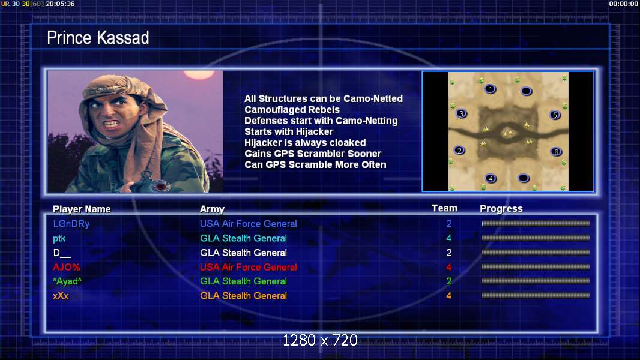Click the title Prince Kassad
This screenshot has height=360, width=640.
[98, 38]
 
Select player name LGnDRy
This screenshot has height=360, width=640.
[71, 224]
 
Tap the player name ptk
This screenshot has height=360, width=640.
[59, 239]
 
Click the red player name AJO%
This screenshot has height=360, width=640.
[67, 267]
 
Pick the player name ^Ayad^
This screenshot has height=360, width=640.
[67, 281]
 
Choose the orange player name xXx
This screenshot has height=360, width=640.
[61, 296]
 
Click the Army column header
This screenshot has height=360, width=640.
[213, 209]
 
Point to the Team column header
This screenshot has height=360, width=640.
[444, 208]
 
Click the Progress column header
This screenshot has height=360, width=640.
[501, 209]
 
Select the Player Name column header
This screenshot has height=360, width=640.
[82, 209]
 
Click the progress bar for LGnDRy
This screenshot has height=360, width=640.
[536, 223]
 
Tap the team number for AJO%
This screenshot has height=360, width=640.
[449, 267]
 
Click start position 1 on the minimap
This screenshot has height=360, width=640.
[490, 89]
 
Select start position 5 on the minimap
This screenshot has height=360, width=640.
[555, 115]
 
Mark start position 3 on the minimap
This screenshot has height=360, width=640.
[461, 114]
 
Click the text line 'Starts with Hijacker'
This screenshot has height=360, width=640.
[289, 131]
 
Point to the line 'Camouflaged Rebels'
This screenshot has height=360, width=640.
[292, 110]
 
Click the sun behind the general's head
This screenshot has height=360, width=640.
[199, 74]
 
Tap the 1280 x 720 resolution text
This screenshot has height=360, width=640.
[320, 340]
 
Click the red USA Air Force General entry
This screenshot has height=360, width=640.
[248, 267]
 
